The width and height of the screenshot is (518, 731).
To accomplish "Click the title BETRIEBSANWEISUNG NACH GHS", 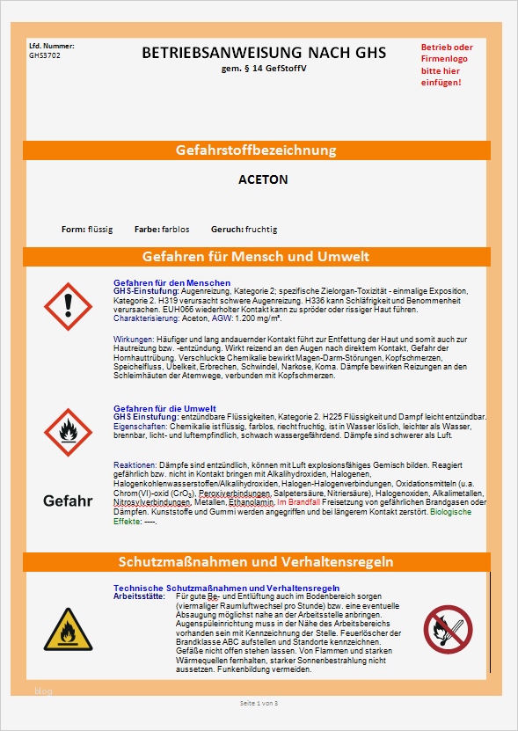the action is pyautogui.click(x=264, y=54).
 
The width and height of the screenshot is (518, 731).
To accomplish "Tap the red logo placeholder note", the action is pyautogui.click(x=446, y=64).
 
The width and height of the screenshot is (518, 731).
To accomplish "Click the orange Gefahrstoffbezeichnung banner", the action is pyautogui.click(x=256, y=150).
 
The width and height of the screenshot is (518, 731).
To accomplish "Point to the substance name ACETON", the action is pyautogui.click(x=263, y=179).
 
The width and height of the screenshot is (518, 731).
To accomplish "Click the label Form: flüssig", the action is pyautogui.click(x=87, y=230).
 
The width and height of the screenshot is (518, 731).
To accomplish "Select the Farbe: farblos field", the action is pyautogui.click(x=162, y=230).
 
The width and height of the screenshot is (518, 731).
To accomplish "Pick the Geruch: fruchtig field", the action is pyautogui.click(x=244, y=230).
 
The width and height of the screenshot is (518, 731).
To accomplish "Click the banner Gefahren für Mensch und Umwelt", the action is pyautogui.click(x=256, y=257).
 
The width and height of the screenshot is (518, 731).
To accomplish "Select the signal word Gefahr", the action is pyautogui.click(x=68, y=501).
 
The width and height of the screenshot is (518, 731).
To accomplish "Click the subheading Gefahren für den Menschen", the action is pyautogui.click(x=171, y=283).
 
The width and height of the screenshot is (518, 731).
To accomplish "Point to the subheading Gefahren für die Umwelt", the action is pyautogui.click(x=165, y=408).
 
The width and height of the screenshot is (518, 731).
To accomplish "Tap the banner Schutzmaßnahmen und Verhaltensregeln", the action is pyautogui.click(x=256, y=561).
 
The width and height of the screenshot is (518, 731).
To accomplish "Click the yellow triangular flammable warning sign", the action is pyautogui.click(x=67, y=630).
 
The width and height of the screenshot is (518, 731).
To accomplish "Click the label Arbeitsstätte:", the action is pyautogui.click(x=139, y=596).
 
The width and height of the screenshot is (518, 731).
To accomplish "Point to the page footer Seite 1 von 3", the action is pyautogui.click(x=259, y=703).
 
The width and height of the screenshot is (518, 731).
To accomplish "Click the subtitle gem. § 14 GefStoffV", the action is pyautogui.click(x=263, y=68).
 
